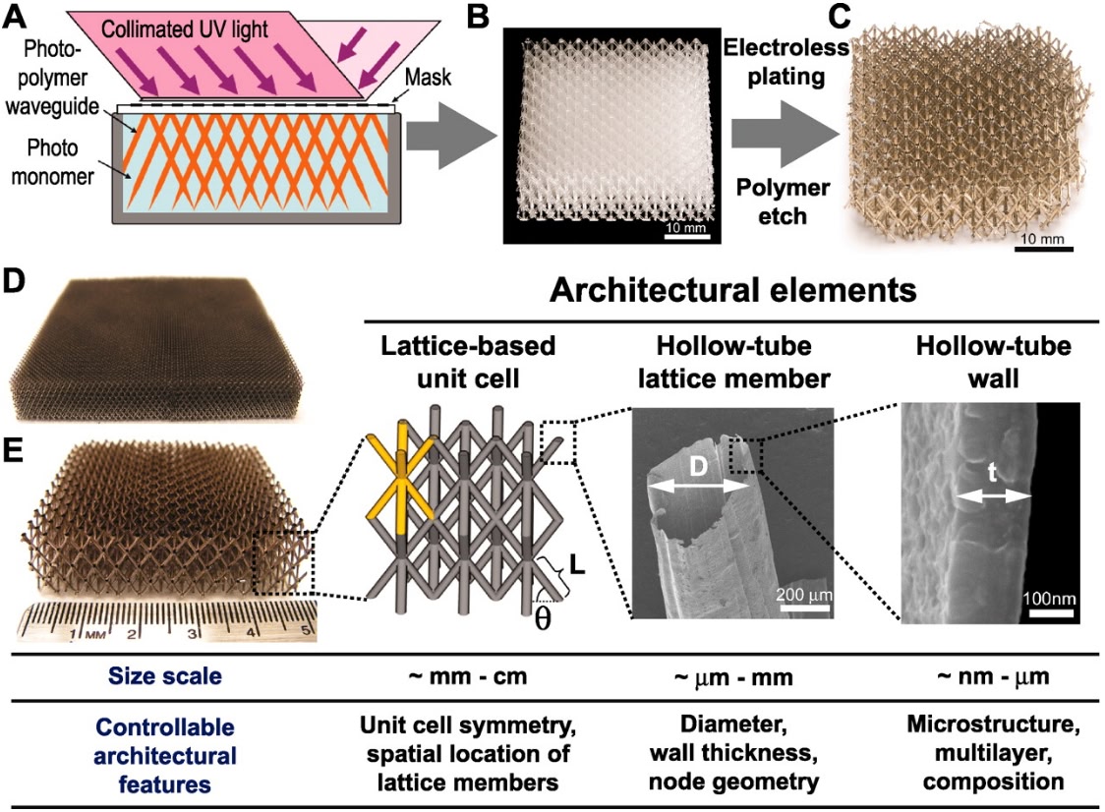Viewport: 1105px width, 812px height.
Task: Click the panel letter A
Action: [13, 13]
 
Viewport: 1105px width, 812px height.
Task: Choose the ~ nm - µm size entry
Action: [995, 676]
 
